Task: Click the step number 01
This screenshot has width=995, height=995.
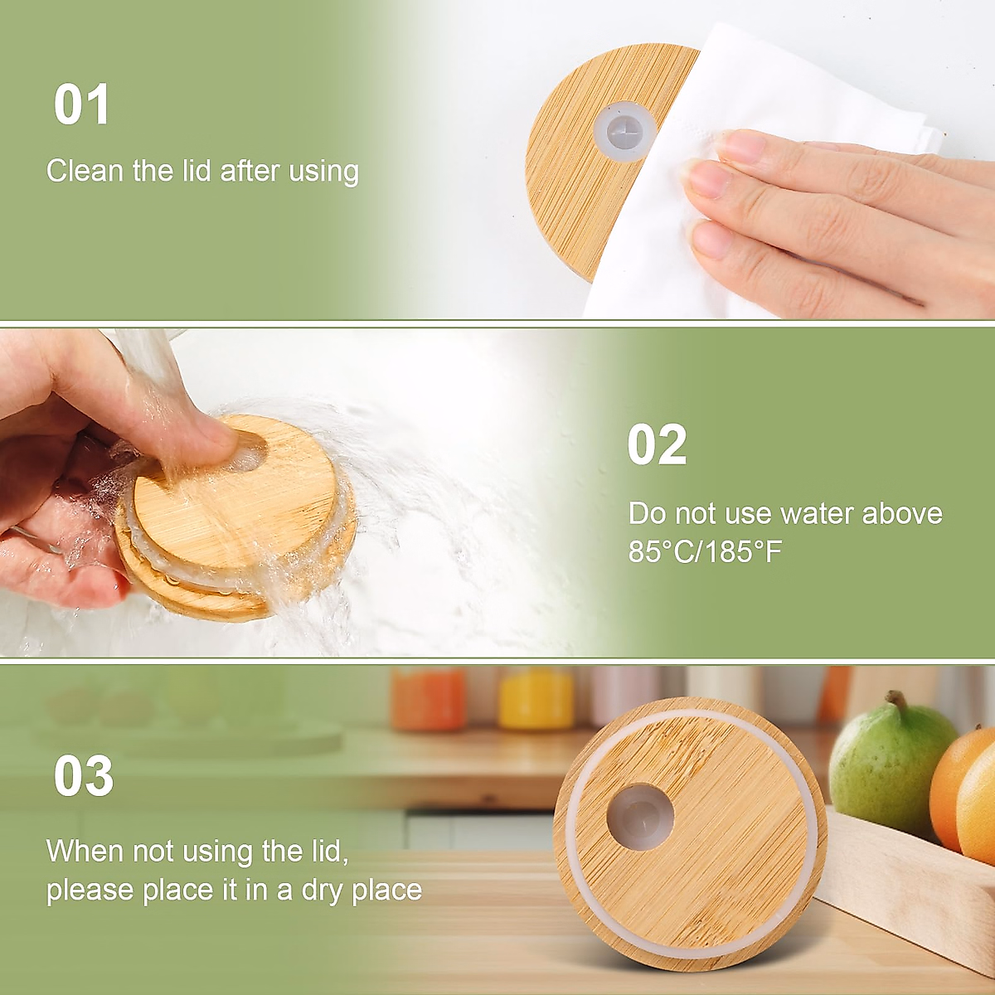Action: (81, 104)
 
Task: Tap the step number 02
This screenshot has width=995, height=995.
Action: (657, 444)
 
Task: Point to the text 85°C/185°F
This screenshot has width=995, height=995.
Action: (705, 551)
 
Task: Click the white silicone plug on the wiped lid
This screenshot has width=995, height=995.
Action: (625, 130)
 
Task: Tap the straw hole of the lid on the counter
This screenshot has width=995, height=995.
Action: (640, 818)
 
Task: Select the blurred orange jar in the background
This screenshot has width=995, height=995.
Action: (428, 699)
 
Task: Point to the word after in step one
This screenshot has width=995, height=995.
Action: (250, 171)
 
